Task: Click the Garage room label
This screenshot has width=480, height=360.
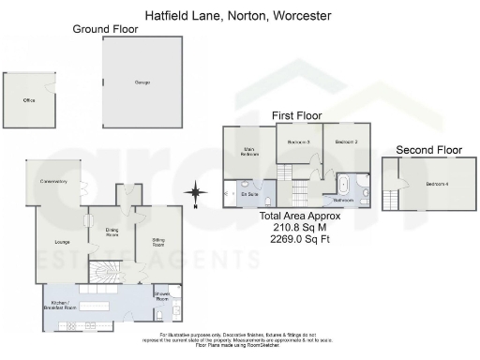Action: [143, 83]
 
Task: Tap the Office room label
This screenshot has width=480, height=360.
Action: [29, 100]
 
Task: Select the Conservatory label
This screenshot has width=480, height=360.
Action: [53, 182]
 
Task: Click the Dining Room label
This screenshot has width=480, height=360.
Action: [112, 232]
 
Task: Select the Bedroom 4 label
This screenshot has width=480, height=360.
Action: [437, 184]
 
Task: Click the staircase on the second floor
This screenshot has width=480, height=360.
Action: [391, 196]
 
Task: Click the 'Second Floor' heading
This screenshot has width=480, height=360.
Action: [428, 149]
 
